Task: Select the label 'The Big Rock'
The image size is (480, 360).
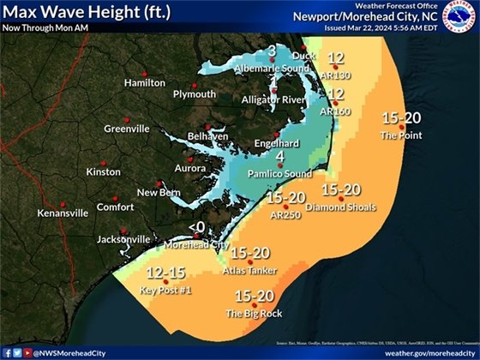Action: tap(255, 314)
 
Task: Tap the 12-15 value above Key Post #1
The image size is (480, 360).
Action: tap(165, 273)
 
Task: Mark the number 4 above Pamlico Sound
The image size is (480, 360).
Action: tap(279, 156)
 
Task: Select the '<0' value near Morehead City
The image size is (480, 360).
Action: tap(196, 226)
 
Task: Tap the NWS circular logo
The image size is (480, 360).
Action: tap(456, 25)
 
